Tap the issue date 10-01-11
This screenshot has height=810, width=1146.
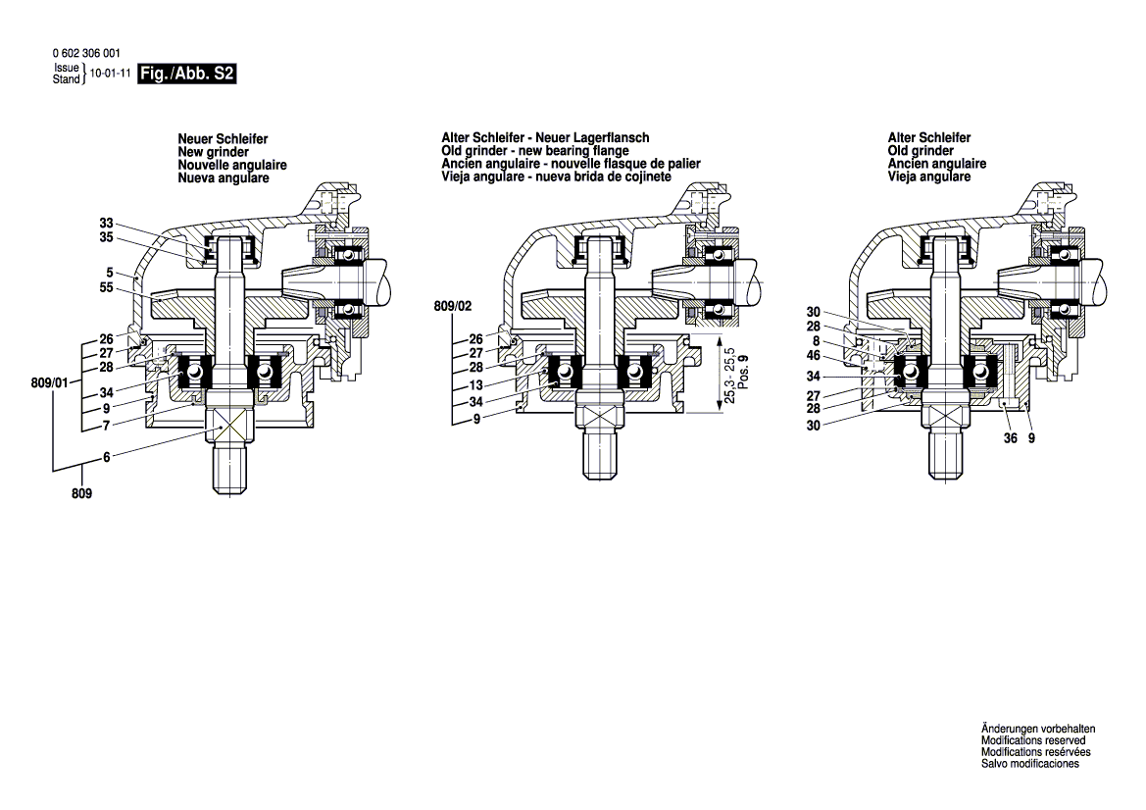point(111,74)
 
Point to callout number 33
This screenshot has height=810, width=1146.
point(106,222)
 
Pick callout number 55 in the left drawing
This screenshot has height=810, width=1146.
point(106,289)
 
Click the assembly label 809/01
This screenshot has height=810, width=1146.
point(50,383)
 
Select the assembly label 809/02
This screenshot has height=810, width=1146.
point(452,307)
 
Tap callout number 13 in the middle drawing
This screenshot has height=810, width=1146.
point(475,385)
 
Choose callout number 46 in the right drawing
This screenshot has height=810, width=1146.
point(813,355)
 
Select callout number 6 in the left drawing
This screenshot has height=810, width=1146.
point(106,457)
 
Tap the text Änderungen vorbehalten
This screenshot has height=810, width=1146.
point(1038,730)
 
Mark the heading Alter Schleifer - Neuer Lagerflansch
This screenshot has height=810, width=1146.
point(545,138)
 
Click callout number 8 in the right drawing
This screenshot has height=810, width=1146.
point(816,340)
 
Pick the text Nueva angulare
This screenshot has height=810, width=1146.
point(224,178)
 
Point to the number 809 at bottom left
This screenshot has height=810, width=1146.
point(81,494)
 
